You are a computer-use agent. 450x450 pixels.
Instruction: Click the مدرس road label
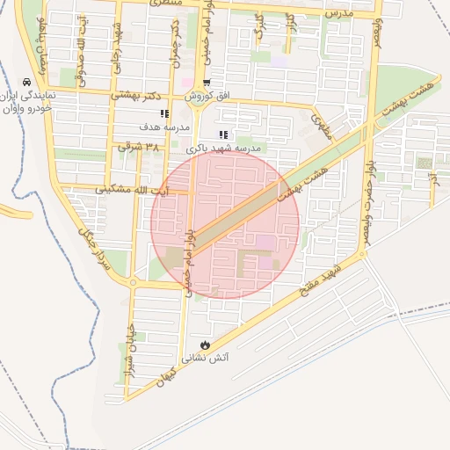tap(338, 14)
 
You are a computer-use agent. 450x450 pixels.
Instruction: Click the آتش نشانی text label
tap(205, 359)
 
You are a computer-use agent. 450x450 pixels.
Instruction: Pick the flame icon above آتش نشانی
tap(206, 345)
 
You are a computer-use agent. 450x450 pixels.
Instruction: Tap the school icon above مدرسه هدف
tap(164, 113)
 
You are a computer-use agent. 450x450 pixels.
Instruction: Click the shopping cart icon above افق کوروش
tap(207, 83)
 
